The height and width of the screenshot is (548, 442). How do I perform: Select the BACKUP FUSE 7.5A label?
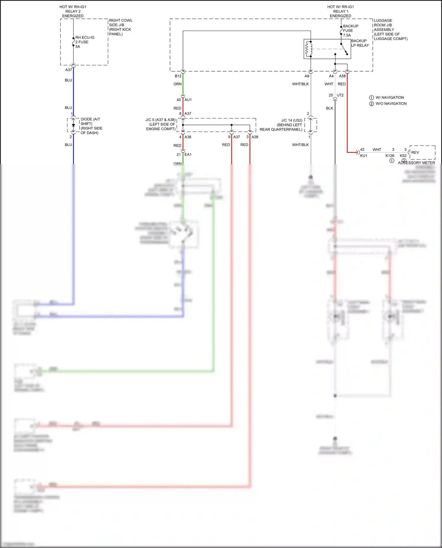pyautogui.click(x=350, y=31)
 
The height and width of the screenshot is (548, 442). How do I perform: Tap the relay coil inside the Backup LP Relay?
pyautogui.click(x=309, y=49)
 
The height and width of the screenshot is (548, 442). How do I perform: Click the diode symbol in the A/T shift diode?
pyautogui.click(x=73, y=125)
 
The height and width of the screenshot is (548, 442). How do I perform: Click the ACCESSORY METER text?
pyautogui.click(x=416, y=163)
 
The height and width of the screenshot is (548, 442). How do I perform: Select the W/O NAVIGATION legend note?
pyautogui.click(x=391, y=104)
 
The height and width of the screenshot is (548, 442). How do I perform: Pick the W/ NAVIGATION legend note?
pyautogui.click(x=389, y=97)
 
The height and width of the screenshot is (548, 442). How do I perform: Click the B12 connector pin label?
pyautogui.click(x=178, y=76)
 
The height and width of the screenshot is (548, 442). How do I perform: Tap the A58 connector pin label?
pyautogui.click(x=342, y=76)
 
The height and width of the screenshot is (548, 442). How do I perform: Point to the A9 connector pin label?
pyautogui.click(x=307, y=76)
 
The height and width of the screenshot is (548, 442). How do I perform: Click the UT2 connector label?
pyautogui.click(x=340, y=95)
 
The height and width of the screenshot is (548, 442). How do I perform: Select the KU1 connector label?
pyautogui.click(x=364, y=155)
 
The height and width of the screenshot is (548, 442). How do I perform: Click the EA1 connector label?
pyautogui.click(x=188, y=154)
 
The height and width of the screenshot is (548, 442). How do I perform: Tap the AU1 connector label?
pyautogui.click(x=188, y=100)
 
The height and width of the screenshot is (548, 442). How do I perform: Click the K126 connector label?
pyautogui.click(x=390, y=155)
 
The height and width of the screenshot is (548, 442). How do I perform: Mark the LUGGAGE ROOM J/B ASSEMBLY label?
pyautogui.click(x=390, y=29)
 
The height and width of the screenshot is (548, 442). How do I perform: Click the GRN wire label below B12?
pyautogui.click(x=177, y=84)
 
